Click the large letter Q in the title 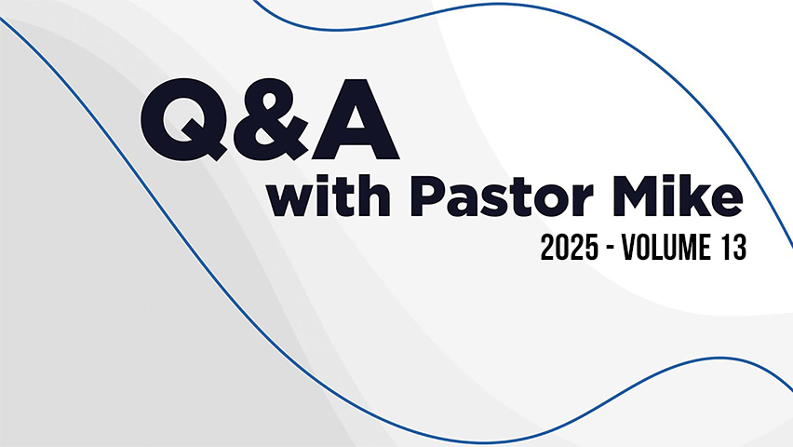183,120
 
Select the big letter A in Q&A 355,119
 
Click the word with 329,196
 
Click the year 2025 570,248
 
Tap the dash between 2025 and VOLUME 611,249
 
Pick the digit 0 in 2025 562,248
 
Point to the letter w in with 296,201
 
